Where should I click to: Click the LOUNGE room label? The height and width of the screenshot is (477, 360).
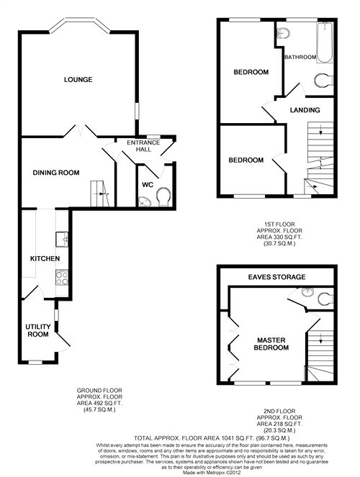78,79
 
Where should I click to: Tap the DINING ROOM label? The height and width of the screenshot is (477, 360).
56,173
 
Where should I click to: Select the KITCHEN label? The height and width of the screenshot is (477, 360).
45,258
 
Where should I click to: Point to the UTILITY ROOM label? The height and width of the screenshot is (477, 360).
38,330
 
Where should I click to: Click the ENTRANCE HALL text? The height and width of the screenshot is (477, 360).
143,146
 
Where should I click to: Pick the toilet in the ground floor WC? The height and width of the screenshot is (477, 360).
163,196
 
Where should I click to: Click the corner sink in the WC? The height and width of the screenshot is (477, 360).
145,201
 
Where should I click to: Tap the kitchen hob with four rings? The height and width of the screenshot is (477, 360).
62,278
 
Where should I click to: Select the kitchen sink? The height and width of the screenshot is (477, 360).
62,239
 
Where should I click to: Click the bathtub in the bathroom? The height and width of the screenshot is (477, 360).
325,42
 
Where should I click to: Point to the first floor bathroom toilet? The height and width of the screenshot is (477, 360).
323,81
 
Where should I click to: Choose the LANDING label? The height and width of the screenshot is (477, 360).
305,110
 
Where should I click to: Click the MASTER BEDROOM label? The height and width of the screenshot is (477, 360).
271,344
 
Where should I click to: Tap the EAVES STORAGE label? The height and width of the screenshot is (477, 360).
276,277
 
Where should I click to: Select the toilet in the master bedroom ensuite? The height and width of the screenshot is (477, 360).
325,299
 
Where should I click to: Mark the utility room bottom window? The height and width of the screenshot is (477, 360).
35,362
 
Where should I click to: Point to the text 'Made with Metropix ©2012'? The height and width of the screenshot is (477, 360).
212,473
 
